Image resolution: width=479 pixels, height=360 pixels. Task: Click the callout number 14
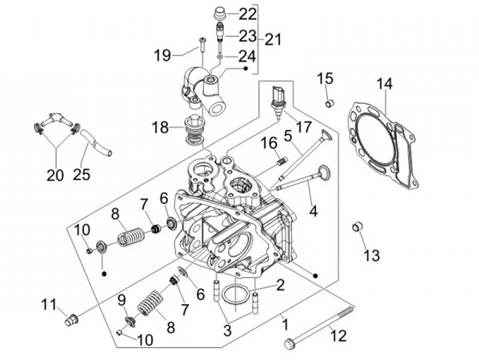point(385,84)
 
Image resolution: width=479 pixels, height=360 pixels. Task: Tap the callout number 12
point(339,335)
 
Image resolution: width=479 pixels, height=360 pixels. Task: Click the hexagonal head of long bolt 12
point(289,343)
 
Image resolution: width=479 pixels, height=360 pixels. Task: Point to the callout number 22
point(229,14)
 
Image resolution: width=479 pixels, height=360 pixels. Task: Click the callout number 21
point(273,39)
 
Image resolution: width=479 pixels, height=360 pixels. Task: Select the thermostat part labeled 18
point(194,129)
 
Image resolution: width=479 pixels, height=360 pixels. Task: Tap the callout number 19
point(163,55)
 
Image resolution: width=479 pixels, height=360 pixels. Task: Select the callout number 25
point(83,175)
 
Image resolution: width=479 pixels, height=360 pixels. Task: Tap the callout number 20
point(55,175)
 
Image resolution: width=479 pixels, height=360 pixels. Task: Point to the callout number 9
point(122,300)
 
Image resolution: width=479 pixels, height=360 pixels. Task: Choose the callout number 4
point(313,212)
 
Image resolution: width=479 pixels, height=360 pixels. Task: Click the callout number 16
point(268,143)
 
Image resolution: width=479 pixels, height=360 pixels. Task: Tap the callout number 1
point(285,326)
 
